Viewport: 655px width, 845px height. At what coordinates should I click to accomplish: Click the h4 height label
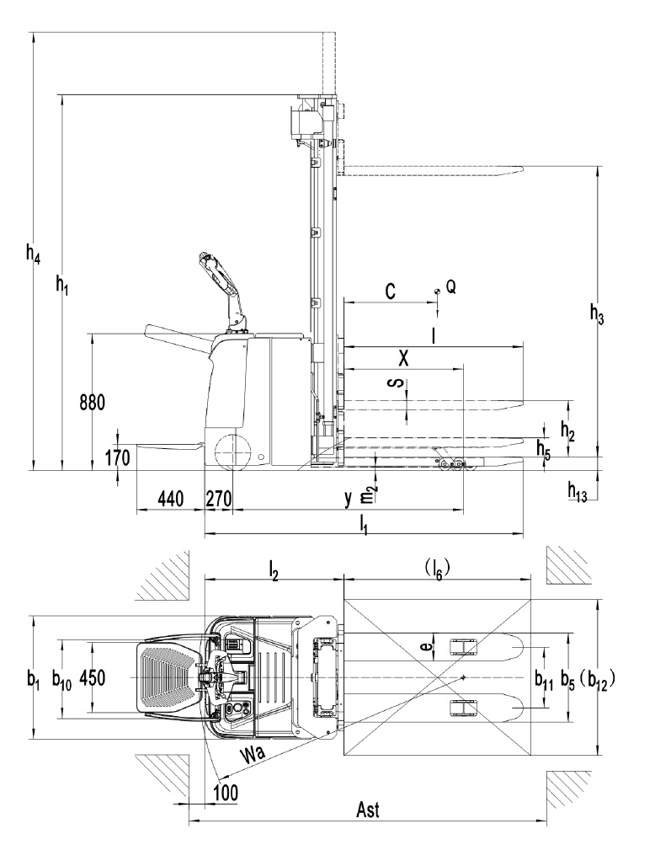(33, 254)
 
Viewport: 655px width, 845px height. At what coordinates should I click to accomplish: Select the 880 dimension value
(92, 402)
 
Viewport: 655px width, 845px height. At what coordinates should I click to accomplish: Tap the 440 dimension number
(171, 499)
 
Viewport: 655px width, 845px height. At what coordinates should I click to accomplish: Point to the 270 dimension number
(219, 499)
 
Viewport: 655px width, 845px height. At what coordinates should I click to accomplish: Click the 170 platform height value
(117, 458)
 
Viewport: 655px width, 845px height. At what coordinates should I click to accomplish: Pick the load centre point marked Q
(438, 291)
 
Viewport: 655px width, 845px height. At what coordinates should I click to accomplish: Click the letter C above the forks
(391, 291)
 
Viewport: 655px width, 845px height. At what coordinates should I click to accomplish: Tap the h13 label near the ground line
(578, 491)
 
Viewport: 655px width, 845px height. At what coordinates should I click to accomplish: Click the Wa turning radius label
(253, 753)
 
